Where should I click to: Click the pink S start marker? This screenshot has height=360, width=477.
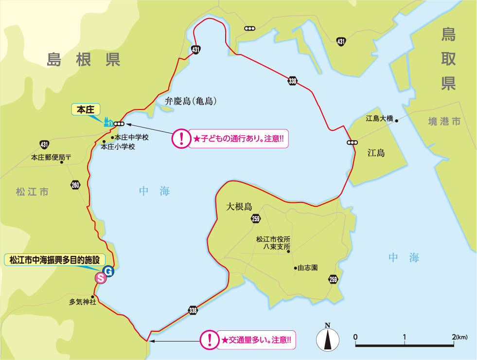(x=101, y=278)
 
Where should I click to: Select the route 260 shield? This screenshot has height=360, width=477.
(x=75, y=185)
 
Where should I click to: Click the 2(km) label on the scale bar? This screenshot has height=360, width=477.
(x=459, y=337)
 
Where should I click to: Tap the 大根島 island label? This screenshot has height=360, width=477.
(x=239, y=206)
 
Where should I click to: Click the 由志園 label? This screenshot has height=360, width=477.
(x=308, y=268)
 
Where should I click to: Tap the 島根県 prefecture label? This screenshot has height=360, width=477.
(x=84, y=60)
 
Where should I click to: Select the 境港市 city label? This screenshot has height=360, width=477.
(x=444, y=122)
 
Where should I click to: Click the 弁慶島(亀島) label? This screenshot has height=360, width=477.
(x=191, y=102)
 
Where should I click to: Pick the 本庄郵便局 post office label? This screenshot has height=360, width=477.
(x=51, y=158)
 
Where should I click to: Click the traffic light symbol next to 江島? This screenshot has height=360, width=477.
(x=352, y=143)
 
